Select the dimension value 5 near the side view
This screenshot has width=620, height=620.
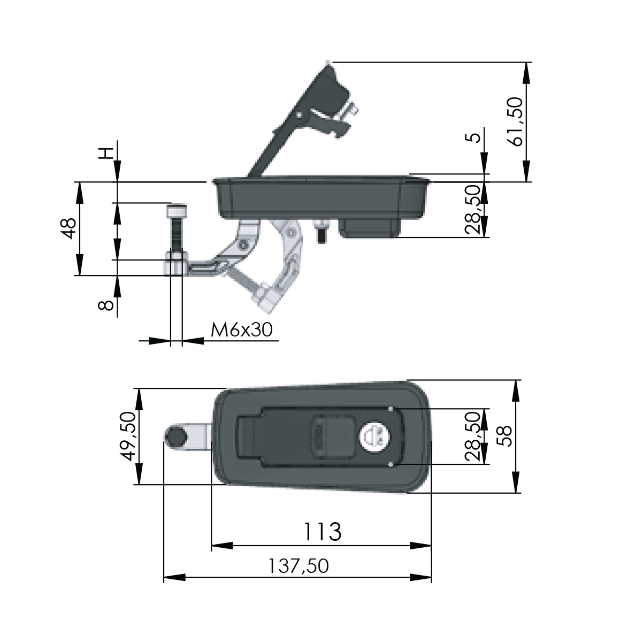click(x=473, y=137)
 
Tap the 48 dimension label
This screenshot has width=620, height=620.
click(x=69, y=228)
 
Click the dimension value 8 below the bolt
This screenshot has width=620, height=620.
click(x=106, y=305)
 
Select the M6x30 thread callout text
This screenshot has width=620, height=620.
click(x=241, y=330)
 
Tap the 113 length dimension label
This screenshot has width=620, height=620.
click(x=322, y=532)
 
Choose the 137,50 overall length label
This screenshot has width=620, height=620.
click(x=298, y=566)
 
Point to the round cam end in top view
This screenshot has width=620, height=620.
click(x=175, y=438)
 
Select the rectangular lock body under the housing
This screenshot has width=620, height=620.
click(x=369, y=227)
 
